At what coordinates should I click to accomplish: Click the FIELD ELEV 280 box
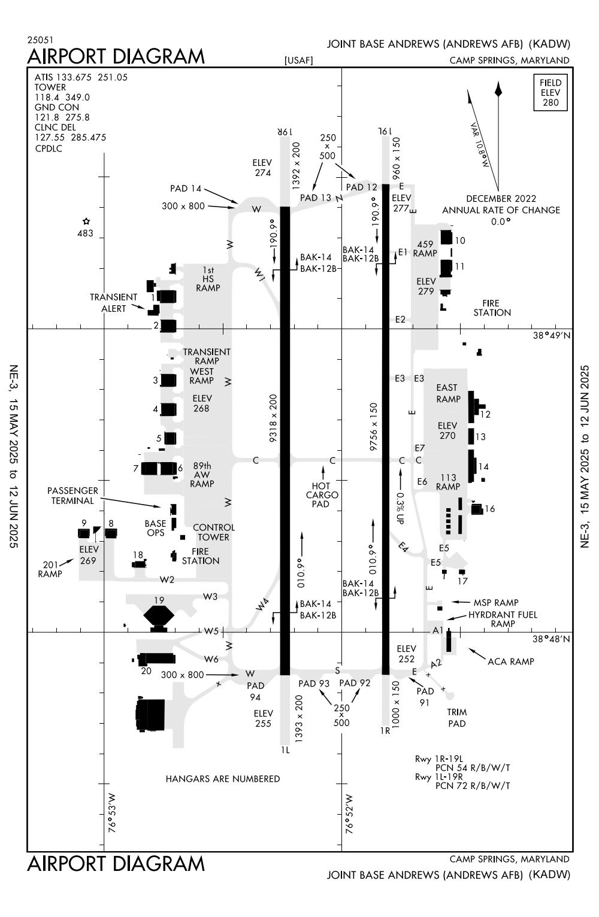point(550,92)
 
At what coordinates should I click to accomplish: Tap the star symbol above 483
point(86,221)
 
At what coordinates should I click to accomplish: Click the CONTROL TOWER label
point(214,532)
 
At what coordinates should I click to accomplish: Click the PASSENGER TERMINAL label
point(72,496)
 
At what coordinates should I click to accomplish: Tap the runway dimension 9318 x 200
point(273,418)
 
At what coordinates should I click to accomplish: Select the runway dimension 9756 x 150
point(374,426)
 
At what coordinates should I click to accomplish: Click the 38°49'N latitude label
point(551,335)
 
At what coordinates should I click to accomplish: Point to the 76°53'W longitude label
point(112,813)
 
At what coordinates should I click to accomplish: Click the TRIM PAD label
point(456,718)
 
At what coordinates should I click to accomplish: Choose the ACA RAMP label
point(510,661)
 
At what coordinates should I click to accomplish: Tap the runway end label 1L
point(285,749)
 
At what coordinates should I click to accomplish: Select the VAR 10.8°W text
point(480,145)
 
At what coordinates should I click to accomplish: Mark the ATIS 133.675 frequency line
point(81,77)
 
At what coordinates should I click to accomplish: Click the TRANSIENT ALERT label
point(114,302)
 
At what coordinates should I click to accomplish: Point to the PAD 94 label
point(255,691)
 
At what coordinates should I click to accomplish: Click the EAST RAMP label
point(448,393)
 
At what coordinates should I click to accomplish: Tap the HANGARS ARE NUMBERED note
point(223,779)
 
